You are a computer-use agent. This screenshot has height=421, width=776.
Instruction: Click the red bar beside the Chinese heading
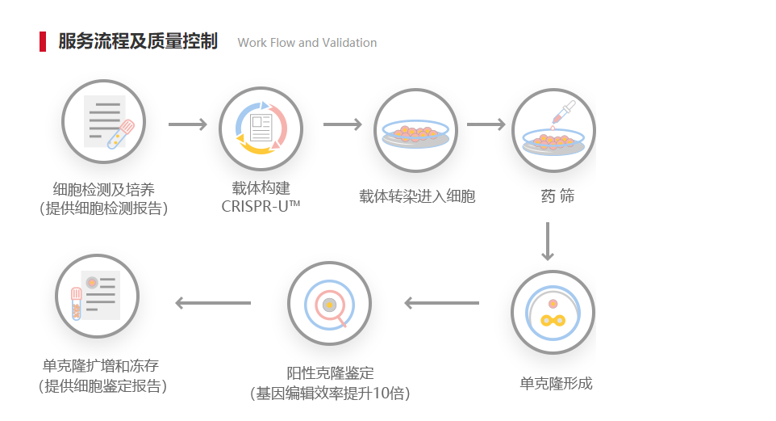click(x=43, y=42)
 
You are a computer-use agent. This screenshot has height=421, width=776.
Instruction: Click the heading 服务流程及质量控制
click(x=138, y=42)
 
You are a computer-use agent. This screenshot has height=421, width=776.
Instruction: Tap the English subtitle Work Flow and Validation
click(x=307, y=43)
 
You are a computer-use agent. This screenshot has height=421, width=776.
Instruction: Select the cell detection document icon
click(x=103, y=121)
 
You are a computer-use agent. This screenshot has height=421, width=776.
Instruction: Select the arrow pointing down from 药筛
click(x=548, y=240)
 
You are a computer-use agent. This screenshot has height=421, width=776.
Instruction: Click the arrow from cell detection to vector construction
click(x=187, y=125)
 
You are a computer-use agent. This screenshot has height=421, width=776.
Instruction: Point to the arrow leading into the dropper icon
click(x=486, y=125)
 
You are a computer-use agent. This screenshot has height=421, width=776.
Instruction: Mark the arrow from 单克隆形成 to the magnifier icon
click(x=441, y=304)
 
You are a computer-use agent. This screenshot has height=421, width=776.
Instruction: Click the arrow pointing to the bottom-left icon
click(x=213, y=304)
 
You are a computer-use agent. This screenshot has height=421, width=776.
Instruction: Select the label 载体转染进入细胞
click(x=417, y=196)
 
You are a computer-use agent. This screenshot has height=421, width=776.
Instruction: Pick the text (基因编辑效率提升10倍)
click(x=330, y=394)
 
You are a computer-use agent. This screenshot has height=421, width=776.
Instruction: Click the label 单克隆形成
click(x=556, y=383)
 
